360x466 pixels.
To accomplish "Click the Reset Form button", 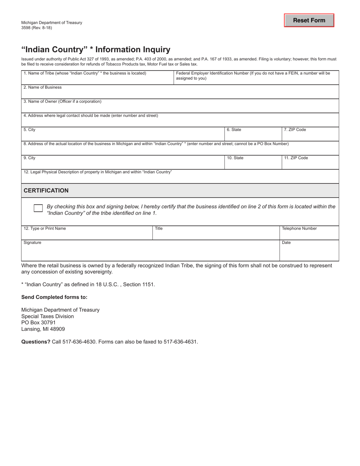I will [309, 20].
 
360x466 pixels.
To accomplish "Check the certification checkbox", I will [38, 208].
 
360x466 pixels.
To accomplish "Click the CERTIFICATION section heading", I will [46, 191].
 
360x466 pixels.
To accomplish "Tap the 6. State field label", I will [234, 130].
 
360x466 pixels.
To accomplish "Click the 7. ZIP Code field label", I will [295, 130].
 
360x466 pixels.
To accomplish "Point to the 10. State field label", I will [235, 158].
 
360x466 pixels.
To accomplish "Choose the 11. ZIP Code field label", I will [296, 158].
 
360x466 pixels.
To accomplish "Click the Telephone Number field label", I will [299, 228].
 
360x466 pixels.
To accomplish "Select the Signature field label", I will [33, 242].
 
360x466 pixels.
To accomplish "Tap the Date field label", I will [286, 242].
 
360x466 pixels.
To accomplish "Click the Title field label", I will [159, 228].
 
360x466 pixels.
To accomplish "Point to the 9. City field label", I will [30, 158].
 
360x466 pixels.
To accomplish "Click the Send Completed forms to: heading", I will [54, 297].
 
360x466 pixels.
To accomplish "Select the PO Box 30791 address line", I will [38, 323].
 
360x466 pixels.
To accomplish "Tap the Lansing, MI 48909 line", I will [43, 329].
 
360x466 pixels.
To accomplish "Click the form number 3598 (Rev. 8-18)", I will [37, 28].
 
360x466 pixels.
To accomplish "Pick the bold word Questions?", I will [36, 342].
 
